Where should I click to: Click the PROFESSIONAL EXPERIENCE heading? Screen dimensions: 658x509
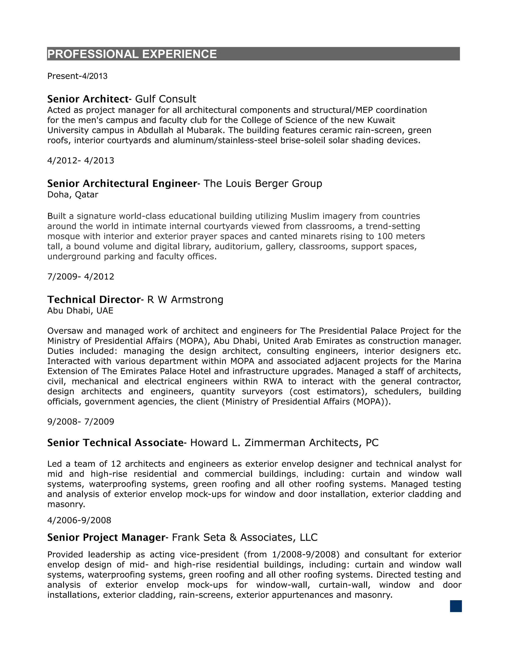tap(132, 54)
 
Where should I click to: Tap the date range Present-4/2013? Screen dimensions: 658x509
tap(77, 76)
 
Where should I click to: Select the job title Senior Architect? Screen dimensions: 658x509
tap(88, 99)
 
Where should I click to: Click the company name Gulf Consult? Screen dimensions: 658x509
tap(166, 99)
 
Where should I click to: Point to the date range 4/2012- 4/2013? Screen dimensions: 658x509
tap(81, 161)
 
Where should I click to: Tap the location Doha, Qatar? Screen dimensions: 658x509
tap(73, 195)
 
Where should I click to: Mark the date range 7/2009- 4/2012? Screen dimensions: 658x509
tap(81, 277)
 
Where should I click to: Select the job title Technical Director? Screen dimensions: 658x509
tap(93, 299)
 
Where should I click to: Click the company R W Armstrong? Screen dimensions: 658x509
tap(185, 299)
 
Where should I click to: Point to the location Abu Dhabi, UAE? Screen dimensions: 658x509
tap(80, 311)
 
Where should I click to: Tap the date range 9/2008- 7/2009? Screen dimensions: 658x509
tap(81, 422)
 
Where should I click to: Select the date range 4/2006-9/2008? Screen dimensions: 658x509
tap(79, 520)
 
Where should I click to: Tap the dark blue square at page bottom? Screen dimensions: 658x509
tap(456, 606)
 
